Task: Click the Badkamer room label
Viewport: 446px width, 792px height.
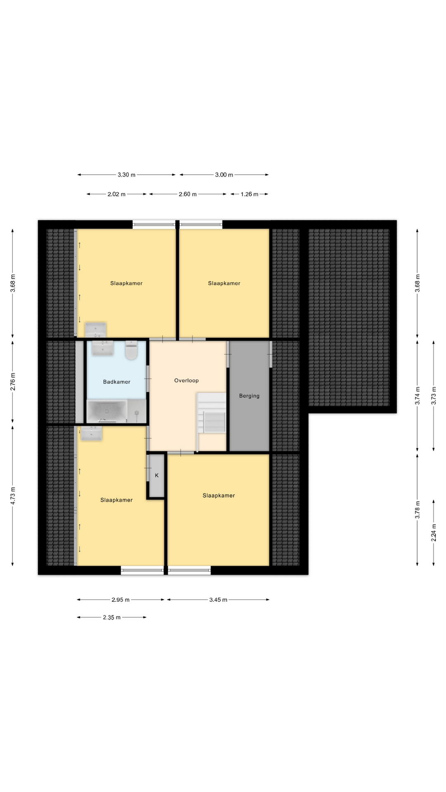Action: (116, 382)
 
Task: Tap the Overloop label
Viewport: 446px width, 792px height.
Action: (186, 381)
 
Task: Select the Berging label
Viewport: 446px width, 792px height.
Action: (249, 396)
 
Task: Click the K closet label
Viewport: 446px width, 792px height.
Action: (157, 476)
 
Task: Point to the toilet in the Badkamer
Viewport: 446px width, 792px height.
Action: (131, 350)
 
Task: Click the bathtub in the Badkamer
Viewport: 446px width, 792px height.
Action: (107, 411)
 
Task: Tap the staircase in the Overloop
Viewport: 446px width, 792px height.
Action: (211, 412)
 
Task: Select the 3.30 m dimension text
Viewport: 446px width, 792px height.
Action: (126, 175)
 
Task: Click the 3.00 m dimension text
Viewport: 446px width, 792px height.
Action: (224, 175)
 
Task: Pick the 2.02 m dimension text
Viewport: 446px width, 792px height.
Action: (116, 194)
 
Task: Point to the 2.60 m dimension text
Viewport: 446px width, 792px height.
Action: (187, 194)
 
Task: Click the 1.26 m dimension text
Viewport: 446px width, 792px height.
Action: (249, 194)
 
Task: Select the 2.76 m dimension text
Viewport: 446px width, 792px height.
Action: (13, 382)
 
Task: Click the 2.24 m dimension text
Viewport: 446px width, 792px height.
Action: (434, 533)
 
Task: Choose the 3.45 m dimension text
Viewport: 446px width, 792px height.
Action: (218, 600)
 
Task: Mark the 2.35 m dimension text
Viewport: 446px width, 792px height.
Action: (111, 618)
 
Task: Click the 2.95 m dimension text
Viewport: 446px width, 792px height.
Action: (121, 600)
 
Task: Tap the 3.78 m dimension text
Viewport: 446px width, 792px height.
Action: (418, 510)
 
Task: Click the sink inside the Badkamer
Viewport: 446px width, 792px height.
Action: (102, 348)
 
